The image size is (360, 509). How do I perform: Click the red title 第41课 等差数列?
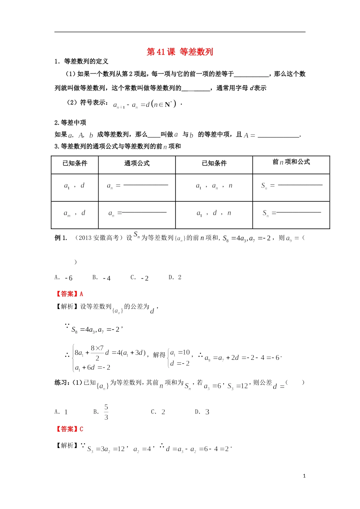click(x=180, y=52)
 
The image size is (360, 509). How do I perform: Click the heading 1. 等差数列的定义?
click(x=81, y=61)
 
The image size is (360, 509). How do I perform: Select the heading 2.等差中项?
click(x=70, y=122)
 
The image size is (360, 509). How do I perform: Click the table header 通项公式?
click(x=137, y=163)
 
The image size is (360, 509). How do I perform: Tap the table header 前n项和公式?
click(x=291, y=162)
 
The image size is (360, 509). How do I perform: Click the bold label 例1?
click(x=61, y=238)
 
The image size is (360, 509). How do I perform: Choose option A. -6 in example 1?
click(x=64, y=278)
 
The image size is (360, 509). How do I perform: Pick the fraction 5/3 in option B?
click(x=106, y=412)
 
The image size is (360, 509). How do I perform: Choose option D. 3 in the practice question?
click(x=202, y=412)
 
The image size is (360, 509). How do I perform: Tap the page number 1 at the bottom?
click(x=304, y=476)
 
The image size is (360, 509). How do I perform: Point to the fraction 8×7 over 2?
click(x=97, y=353)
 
